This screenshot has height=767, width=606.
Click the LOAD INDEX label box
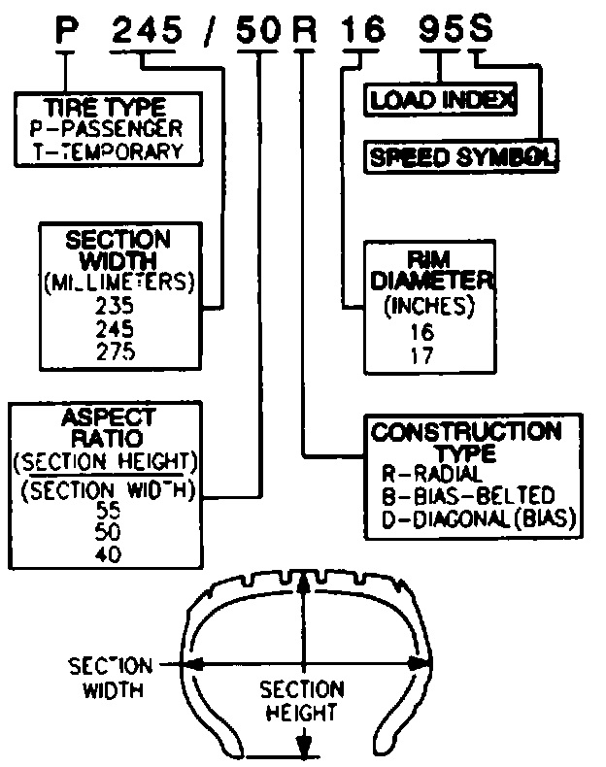click(x=440, y=98)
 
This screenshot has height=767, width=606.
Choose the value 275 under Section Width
click(x=118, y=351)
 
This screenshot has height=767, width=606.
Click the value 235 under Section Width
click(x=118, y=305)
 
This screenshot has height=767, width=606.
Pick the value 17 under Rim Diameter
click(x=422, y=353)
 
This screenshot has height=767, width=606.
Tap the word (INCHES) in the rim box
click(x=428, y=307)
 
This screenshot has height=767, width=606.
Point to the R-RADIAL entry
click(x=432, y=474)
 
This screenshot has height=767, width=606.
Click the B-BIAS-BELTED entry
click(x=468, y=496)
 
